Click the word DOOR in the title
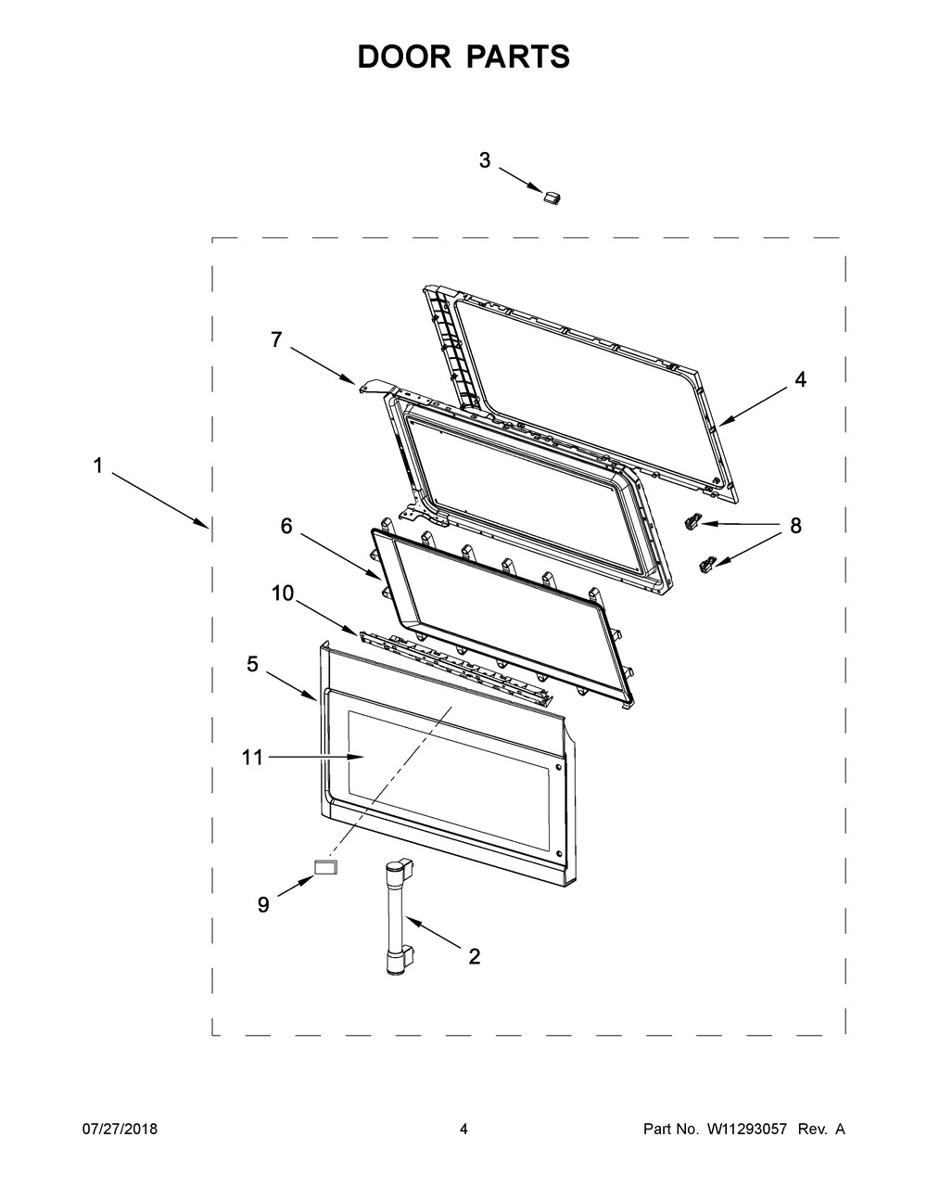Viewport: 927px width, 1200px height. [x=404, y=57]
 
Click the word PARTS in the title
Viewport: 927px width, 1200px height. [x=519, y=57]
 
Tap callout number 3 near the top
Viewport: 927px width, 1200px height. [x=485, y=160]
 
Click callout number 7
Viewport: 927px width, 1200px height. [x=277, y=339]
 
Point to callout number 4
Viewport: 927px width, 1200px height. [x=800, y=379]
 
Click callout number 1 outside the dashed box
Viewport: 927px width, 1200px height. [x=97, y=466]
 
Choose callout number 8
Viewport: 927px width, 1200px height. [x=795, y=527]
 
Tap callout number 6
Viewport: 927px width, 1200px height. [x=286, y=527]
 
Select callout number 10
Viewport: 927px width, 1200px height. [x=283, y=594]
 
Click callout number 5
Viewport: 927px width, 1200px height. [x=252, y=664]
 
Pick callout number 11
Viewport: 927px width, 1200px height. [x=251, y=758]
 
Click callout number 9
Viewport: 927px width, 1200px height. [x=264, y=905]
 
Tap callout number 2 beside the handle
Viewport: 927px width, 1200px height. [x=475, y=956]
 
